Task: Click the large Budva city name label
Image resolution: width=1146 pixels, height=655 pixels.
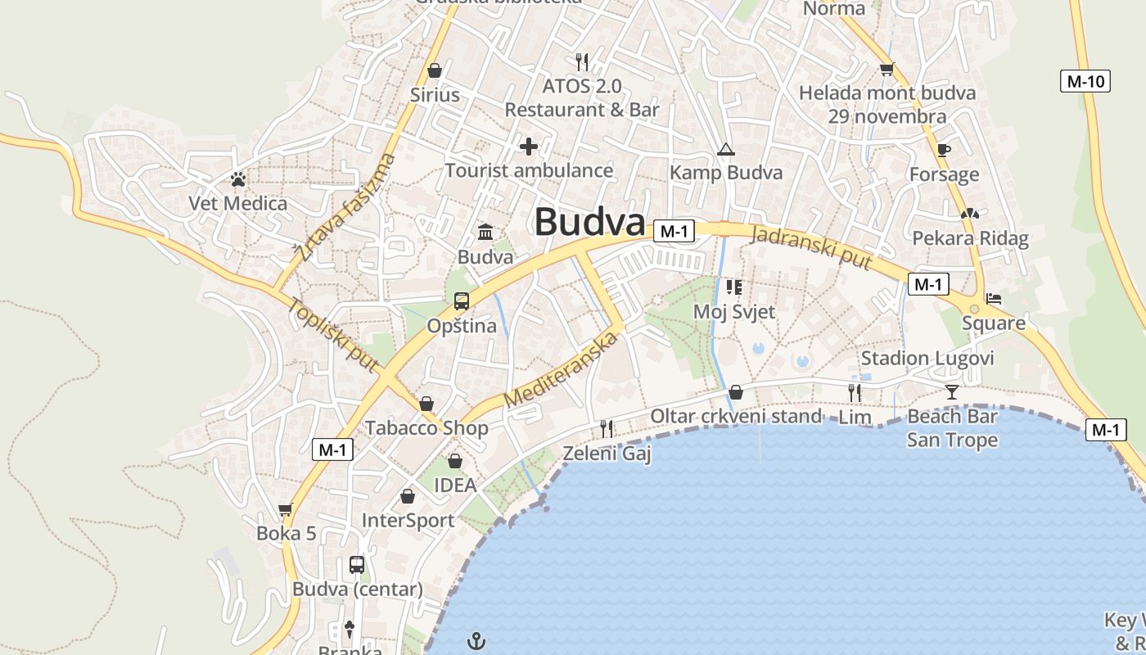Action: click(x=589, y=222)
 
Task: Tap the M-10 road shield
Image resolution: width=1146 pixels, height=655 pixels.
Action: click(x=1086, y=81)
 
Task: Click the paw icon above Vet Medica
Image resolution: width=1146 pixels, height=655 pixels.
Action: click(x=238, y=178)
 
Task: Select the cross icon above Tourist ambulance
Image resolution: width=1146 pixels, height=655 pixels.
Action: click(x=529, y=147)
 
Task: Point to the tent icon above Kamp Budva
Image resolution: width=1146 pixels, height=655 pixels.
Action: click(x=725, y=149)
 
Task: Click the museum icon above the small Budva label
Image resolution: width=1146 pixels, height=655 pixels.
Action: click(x=485, y=233)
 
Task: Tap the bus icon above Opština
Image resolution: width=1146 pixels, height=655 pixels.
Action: click(x=462, y=301)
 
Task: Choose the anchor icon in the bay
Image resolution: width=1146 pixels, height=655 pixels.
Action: click(x=476, y=639)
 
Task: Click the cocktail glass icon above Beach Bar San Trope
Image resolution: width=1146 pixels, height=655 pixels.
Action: click(x=951, y=392)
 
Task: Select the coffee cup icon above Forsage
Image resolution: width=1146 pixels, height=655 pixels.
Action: click(x=944, y=150)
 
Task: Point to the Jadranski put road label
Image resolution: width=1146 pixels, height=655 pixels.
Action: click(x=810, y=246)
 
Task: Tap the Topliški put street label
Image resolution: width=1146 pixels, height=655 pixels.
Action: click(x=332, y=335)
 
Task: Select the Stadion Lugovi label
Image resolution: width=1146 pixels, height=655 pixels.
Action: click(x=927, y=358)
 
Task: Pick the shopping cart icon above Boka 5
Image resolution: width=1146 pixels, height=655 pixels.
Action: click(x=286, y=510)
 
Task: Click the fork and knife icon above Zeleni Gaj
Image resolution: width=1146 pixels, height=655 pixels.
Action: click(x=607, y=428)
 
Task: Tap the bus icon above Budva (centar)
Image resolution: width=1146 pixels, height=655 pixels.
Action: click(x=357, y=564)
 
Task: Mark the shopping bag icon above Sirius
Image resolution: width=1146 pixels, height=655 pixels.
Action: click(x=435, y=70)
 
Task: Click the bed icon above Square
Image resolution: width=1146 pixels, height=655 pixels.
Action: click(x=994, y=299)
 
